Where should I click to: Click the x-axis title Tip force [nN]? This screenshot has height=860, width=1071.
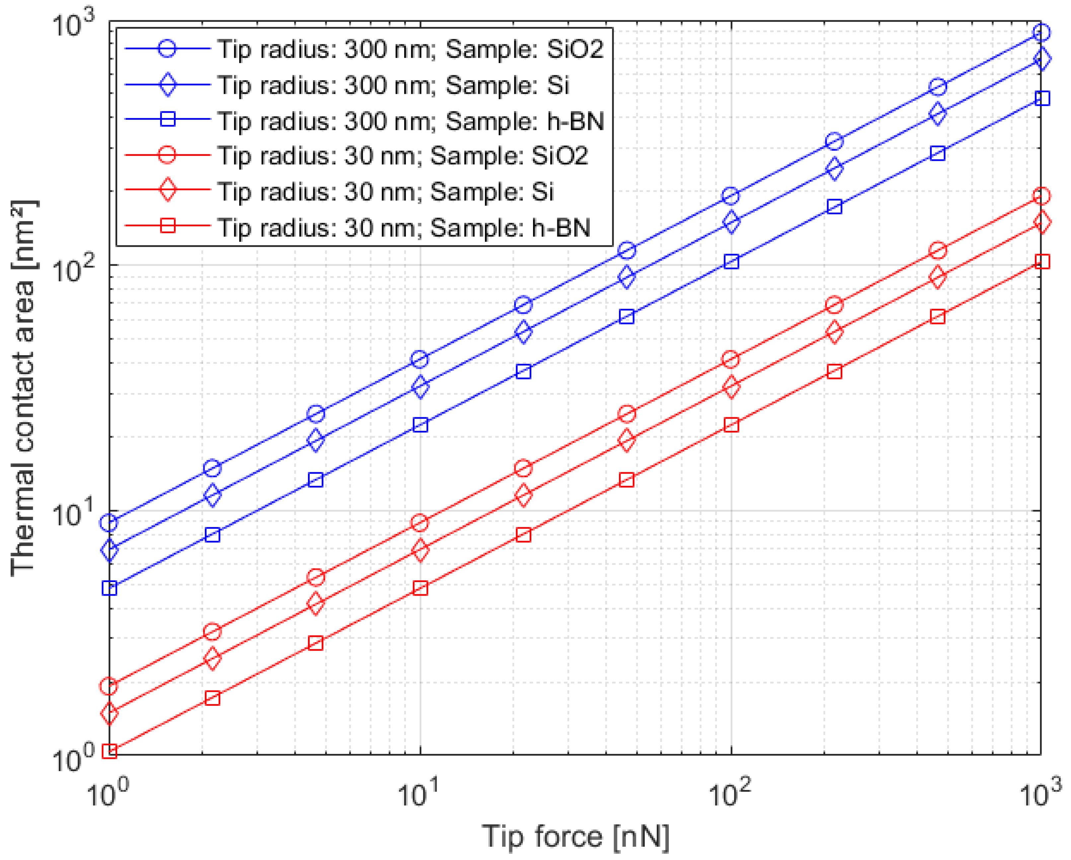(575, 837)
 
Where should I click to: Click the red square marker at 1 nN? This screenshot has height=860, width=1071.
(109, 751)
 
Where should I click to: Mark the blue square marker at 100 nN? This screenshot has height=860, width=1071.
(731, 262)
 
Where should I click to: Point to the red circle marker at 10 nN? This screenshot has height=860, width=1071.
(420, 522)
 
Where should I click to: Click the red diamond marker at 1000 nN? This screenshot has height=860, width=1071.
(1042, 222)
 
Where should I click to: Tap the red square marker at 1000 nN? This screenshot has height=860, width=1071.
(1042, 262)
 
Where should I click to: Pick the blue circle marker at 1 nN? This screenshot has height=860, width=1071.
(109, 522)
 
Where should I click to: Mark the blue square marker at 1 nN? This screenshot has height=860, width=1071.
(109, 588)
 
